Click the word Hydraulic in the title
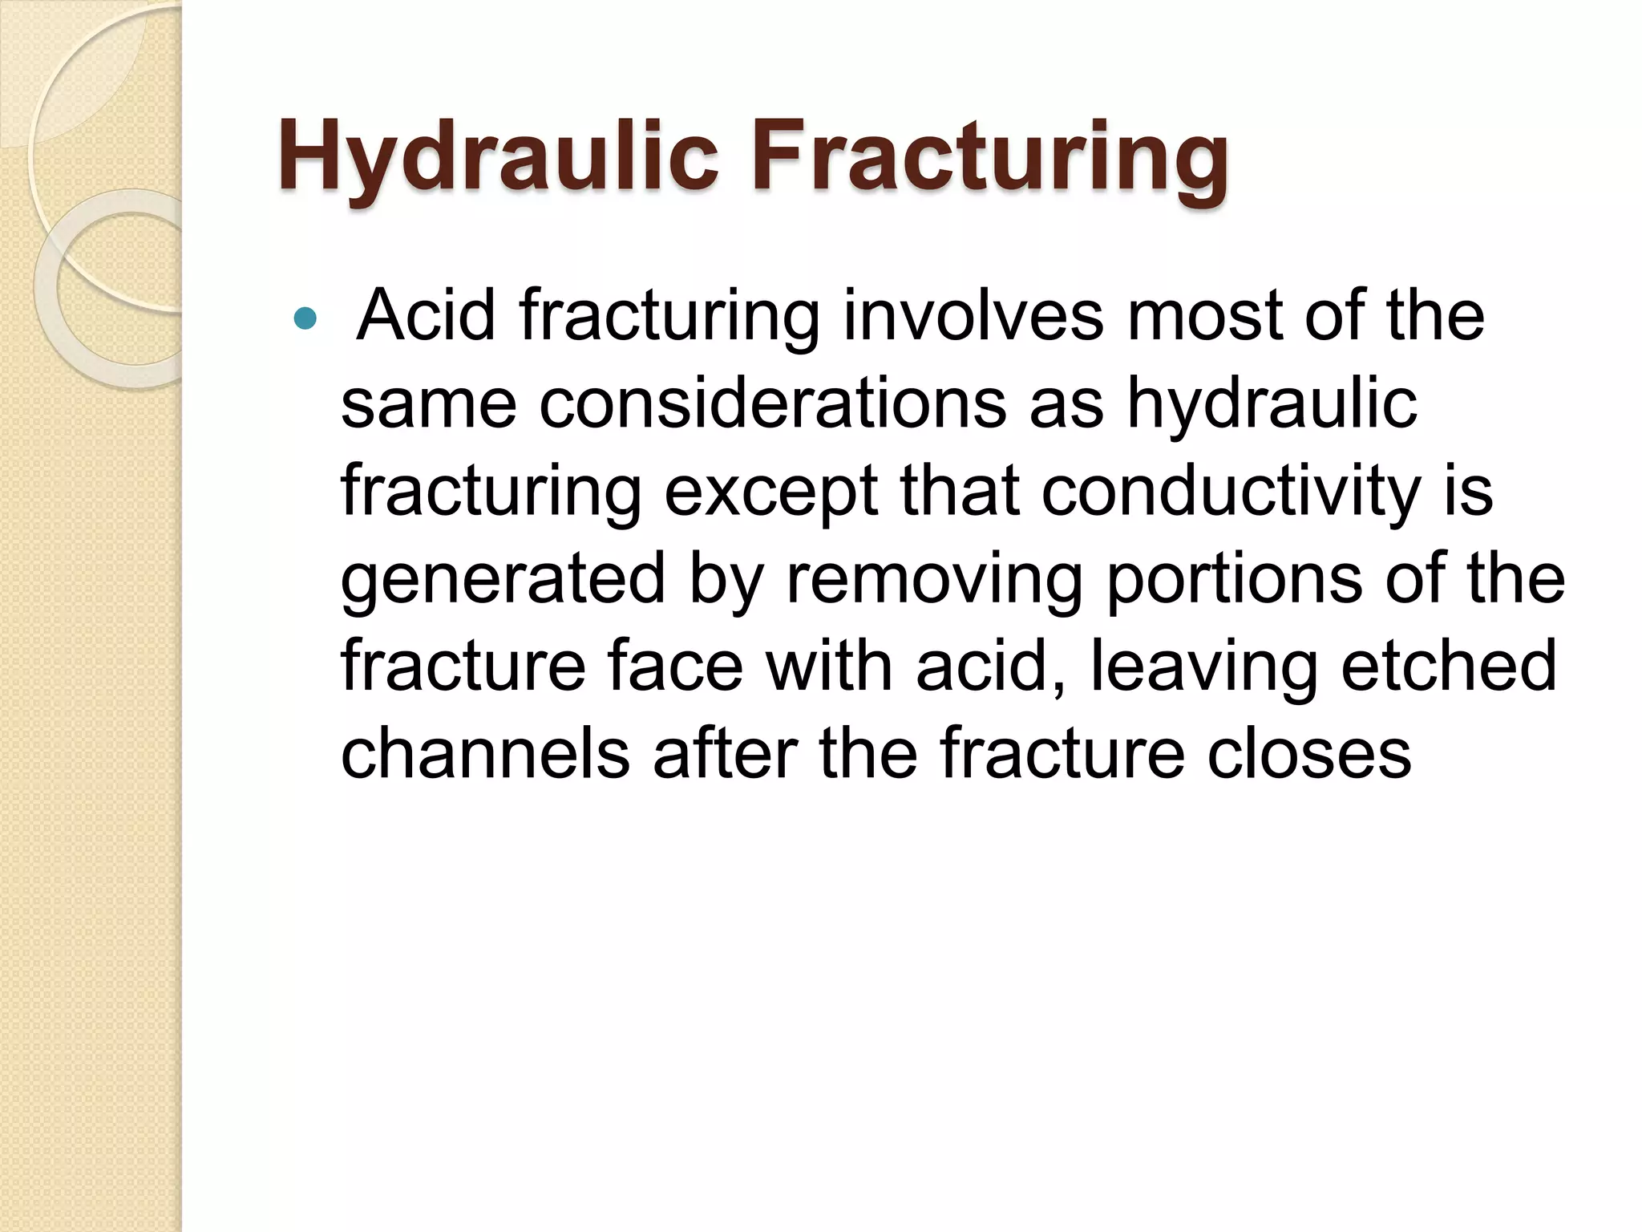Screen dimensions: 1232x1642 [x=497, y=156]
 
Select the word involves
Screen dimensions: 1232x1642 [x=973, y=315]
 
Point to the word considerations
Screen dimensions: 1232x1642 [x=772, y=403]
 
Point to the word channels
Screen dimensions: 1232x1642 [x=485, y=753]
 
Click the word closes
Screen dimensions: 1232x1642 [x=1308, y=753]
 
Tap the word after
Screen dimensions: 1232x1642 [x=725, y=753]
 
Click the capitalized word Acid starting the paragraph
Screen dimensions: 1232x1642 [x=426, y=315]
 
